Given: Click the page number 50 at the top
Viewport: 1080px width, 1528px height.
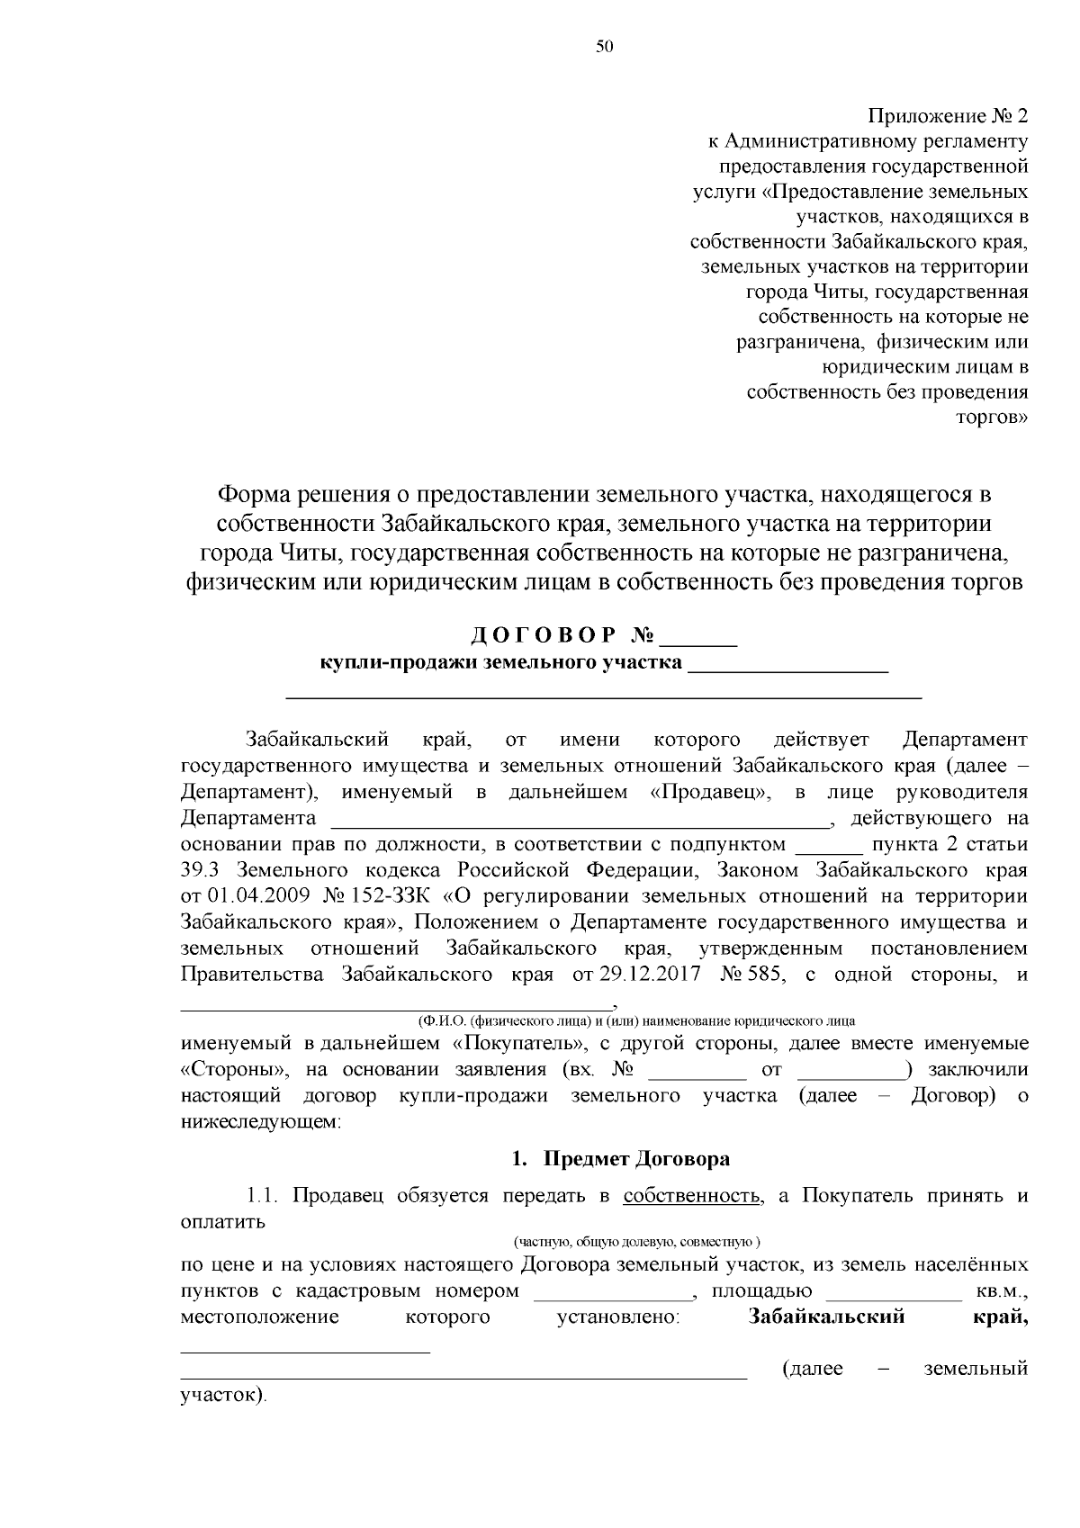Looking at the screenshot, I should pos(604,48).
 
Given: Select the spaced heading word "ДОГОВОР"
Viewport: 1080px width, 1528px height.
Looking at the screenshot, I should pos(544,635).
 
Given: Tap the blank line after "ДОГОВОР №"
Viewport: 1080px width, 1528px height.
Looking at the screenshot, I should pos(699,643).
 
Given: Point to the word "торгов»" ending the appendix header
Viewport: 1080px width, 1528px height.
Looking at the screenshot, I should pos(996,418).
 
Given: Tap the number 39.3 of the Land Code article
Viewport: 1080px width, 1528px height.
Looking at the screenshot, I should pos(198,871).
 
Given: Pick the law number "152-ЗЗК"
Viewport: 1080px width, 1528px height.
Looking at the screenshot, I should pos(397,897).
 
